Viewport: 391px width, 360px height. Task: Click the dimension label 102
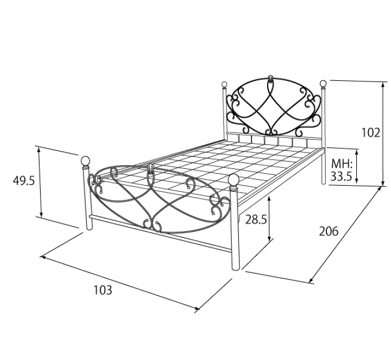[x=371, y=132]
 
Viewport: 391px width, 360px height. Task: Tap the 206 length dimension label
[x=329, y=231]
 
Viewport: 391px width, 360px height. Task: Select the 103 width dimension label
[x=103, y=290]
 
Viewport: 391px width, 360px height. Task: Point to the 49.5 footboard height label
[x=24, y=180]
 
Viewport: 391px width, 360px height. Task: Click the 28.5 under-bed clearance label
[x=256, y=220]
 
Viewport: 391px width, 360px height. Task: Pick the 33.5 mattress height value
[x=341, y=176]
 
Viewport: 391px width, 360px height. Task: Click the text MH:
[x=342, y=165]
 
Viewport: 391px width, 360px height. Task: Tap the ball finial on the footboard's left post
[x=86, y=161]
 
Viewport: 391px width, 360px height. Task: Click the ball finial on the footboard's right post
[x=234, y=180]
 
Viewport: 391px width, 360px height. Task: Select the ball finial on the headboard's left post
[x=224, y=84]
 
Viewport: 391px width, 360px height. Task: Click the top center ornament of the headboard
[x=270, y=78]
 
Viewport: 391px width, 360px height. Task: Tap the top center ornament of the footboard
[x=150, y=169]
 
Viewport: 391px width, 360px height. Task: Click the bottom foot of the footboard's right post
[x=235, y=268]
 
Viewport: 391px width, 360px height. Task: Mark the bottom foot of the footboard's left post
[x=89, y=228]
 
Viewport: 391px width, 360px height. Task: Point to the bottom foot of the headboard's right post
[x=324, y=183]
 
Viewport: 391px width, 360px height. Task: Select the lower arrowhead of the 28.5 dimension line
[x=269, y=239]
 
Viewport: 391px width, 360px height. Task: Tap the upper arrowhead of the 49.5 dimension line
[x=39, y=149]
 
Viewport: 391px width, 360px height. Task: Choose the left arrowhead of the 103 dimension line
[x=43, y=256]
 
